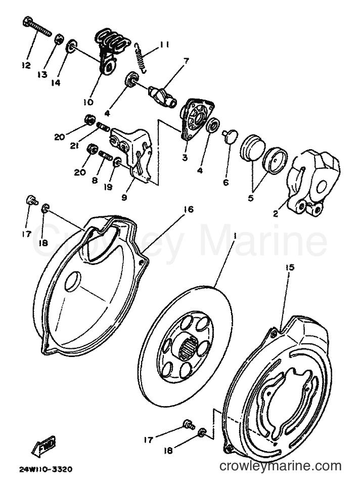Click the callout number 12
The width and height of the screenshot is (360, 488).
26,65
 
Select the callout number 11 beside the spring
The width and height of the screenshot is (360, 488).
164,45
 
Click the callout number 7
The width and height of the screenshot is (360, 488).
186,60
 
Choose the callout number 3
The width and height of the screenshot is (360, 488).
185,157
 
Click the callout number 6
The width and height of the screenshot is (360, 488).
226,182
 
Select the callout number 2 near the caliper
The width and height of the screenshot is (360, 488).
276,214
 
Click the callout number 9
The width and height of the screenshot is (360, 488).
124,197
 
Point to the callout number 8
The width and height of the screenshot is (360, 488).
95,180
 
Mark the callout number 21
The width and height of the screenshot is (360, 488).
74,145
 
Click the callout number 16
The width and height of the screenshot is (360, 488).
189,209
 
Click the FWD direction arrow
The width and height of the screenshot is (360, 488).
43,447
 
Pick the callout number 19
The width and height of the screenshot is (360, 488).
109,187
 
